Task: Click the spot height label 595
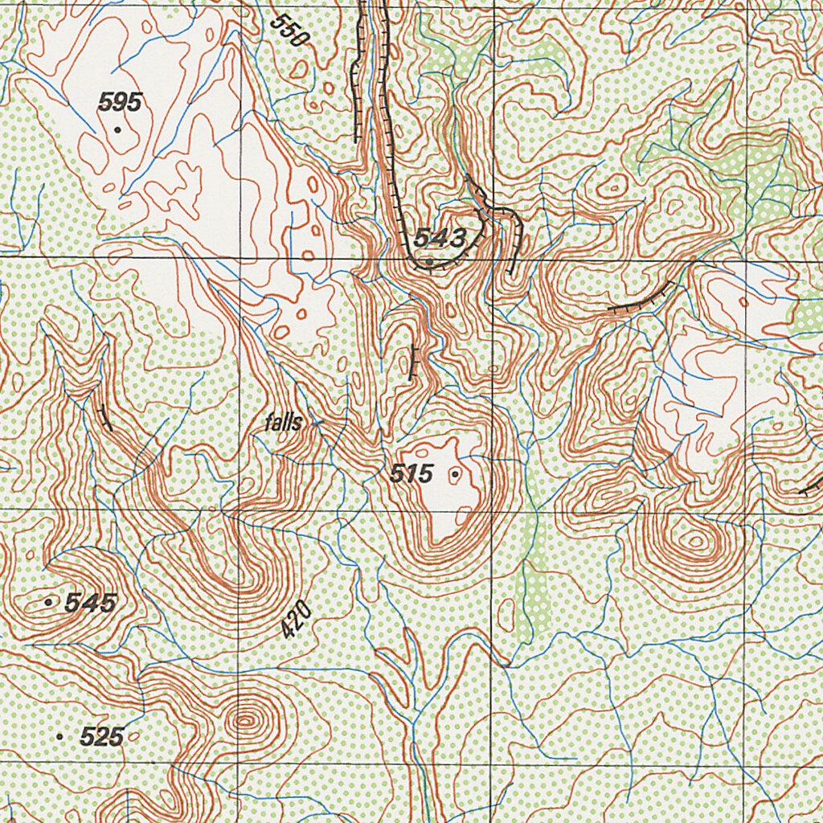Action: tap(120, 102)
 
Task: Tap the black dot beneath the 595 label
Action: tap(117, 129)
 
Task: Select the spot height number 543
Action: tap(440, 238)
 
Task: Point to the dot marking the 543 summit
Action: tap(431, 262)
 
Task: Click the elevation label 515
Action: tap(411, 474)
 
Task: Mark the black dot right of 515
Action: tap(456, 475)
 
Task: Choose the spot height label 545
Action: tap(91, 602)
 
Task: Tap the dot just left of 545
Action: tap(50, 600)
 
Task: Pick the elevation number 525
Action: tap(102, 735)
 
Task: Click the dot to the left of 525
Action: tap(59, 735)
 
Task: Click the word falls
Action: tap(284, 423)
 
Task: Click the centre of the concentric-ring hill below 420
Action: tap(244, 721)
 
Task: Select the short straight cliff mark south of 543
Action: tap(413, 362)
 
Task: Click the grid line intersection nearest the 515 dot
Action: tap(493, 510)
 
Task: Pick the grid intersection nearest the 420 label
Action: tap(239, 510)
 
